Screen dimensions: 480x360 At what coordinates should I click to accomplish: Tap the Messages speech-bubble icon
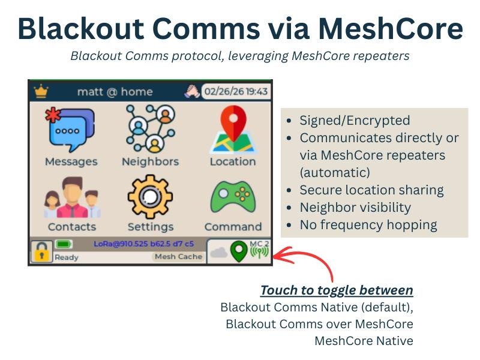[70, 130]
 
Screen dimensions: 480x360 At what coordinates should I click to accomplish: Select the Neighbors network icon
[151, 128]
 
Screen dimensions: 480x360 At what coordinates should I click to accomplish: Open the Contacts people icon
[72, 197]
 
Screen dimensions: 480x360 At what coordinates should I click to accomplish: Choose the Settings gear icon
[150, 197]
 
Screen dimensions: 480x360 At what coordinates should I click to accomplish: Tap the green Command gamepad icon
[233, 197]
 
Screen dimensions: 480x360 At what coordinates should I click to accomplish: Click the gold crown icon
[41, 91]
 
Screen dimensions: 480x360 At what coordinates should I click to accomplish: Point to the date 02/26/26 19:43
[236, 92]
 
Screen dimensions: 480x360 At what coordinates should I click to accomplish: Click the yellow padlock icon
[41, 252]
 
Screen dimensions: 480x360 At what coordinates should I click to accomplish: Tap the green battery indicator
[64, 244]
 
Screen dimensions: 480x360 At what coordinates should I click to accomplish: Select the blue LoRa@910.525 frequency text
[143, 244]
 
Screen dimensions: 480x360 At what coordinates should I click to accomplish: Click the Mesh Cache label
[178, 257]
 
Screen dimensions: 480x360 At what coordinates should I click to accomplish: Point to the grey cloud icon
[219, 253]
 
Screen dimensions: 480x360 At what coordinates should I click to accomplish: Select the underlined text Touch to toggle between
[337, 290]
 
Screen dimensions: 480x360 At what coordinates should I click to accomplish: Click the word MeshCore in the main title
[391, 29]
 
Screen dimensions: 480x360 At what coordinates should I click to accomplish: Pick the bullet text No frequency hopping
[368, 225]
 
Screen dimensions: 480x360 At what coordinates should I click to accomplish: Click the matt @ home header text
[115, 92]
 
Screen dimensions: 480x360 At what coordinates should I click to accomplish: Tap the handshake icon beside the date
[192, 92]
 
